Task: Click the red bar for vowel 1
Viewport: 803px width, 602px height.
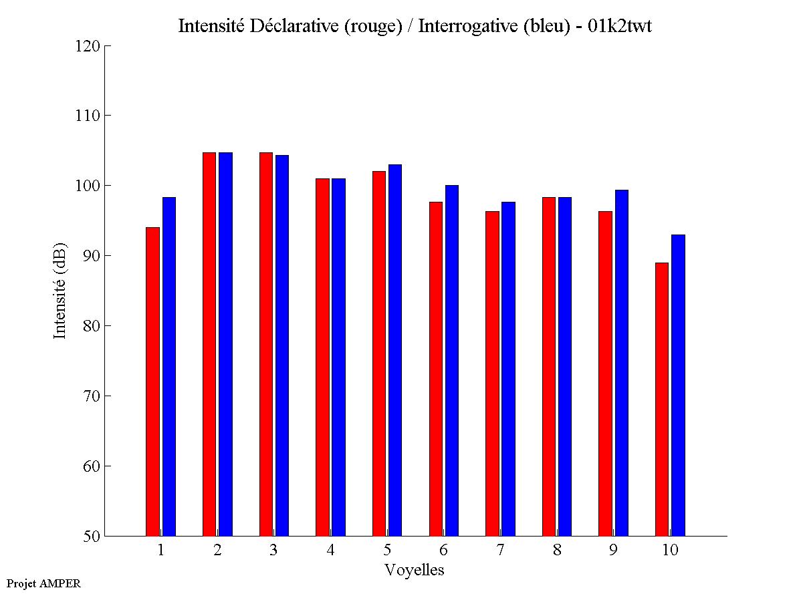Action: coord(152,382)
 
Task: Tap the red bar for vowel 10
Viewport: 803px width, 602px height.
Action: coord(662,399)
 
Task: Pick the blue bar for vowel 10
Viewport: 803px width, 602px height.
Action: coord(678,385)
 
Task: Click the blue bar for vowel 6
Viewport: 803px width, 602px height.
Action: coord(452,360)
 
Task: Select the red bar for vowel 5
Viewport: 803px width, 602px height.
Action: coord(379,353)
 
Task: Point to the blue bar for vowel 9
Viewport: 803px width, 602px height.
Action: coord(622,363)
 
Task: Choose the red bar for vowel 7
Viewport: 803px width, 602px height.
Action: coord(492,373)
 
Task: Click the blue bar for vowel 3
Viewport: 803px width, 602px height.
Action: coord(282,345)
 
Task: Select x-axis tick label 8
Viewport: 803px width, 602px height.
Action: coord(557,551)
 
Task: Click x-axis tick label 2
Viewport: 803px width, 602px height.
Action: coord(217,551)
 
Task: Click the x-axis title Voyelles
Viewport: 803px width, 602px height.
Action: coord(415,570)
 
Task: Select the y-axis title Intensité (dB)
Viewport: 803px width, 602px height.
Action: coord(60,291)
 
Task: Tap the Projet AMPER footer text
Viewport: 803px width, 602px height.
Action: coord(43,583)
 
